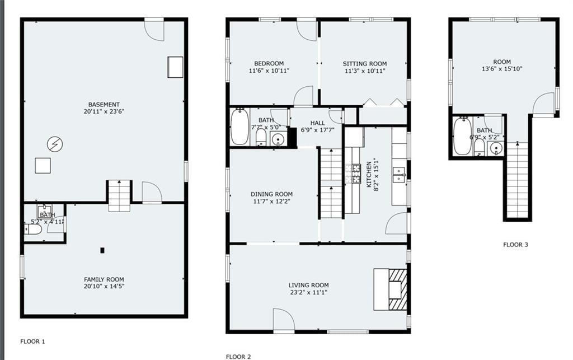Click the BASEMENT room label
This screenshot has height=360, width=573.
(x=104, y=105)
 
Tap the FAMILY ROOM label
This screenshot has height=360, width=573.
(x=104, y=279)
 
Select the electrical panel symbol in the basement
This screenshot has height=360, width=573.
(x=55, y=144)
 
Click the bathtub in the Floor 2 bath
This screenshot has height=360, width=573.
(x=239, y=127)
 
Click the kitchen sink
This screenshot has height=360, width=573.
(x=398, y=175)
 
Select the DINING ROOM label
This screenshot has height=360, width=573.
(x=271, y=194)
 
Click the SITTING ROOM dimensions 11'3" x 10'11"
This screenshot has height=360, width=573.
(x=365, y=71)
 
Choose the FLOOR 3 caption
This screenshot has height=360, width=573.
(x=515, y=245)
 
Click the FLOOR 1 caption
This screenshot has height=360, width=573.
(x=32, y=342)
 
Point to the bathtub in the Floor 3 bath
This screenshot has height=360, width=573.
(x=462, y=136)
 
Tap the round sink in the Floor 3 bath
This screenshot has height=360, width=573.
(x=496, y=148)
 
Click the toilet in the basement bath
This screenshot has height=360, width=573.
(x=33, y=230)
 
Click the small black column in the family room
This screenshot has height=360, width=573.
(x=102, y=250)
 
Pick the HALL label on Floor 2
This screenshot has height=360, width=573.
(x=318, y=123)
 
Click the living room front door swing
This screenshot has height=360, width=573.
(x=284, y=320)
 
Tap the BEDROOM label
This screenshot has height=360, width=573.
(x=269, y=64)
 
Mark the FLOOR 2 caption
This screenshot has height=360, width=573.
(x=238, y=357)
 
